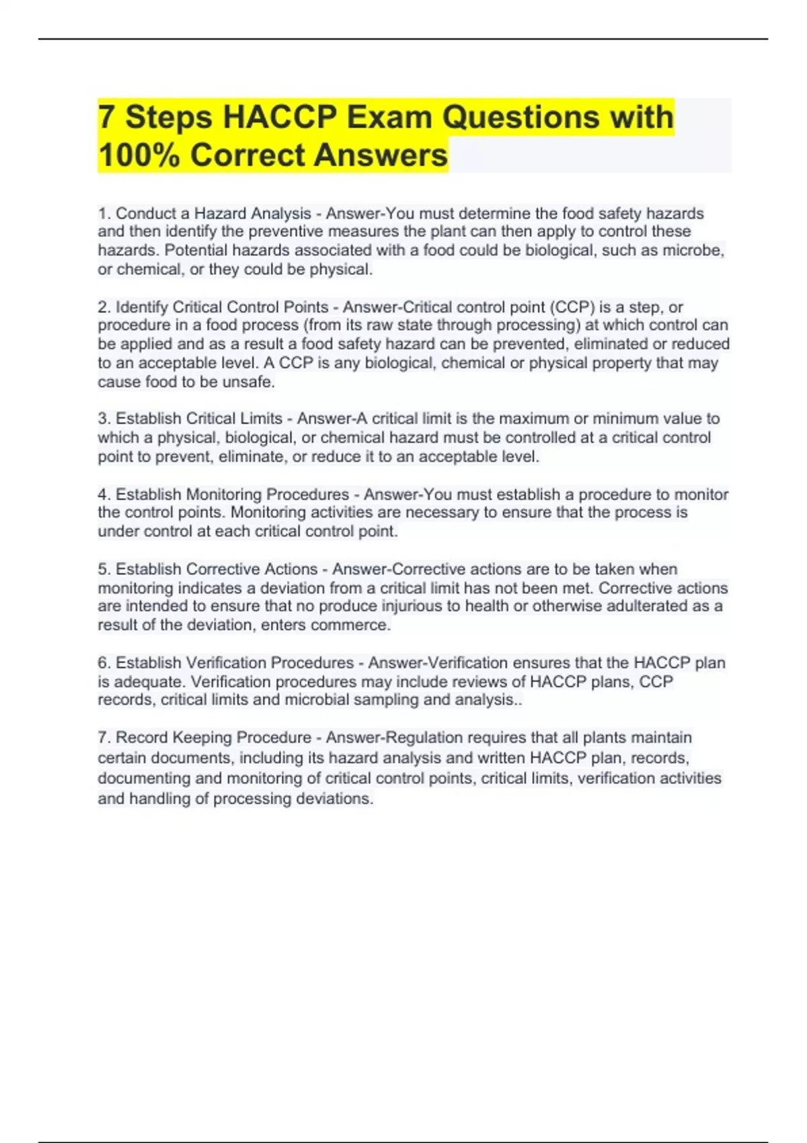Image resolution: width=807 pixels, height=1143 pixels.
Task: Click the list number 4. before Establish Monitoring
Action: (x=104, y=494)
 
